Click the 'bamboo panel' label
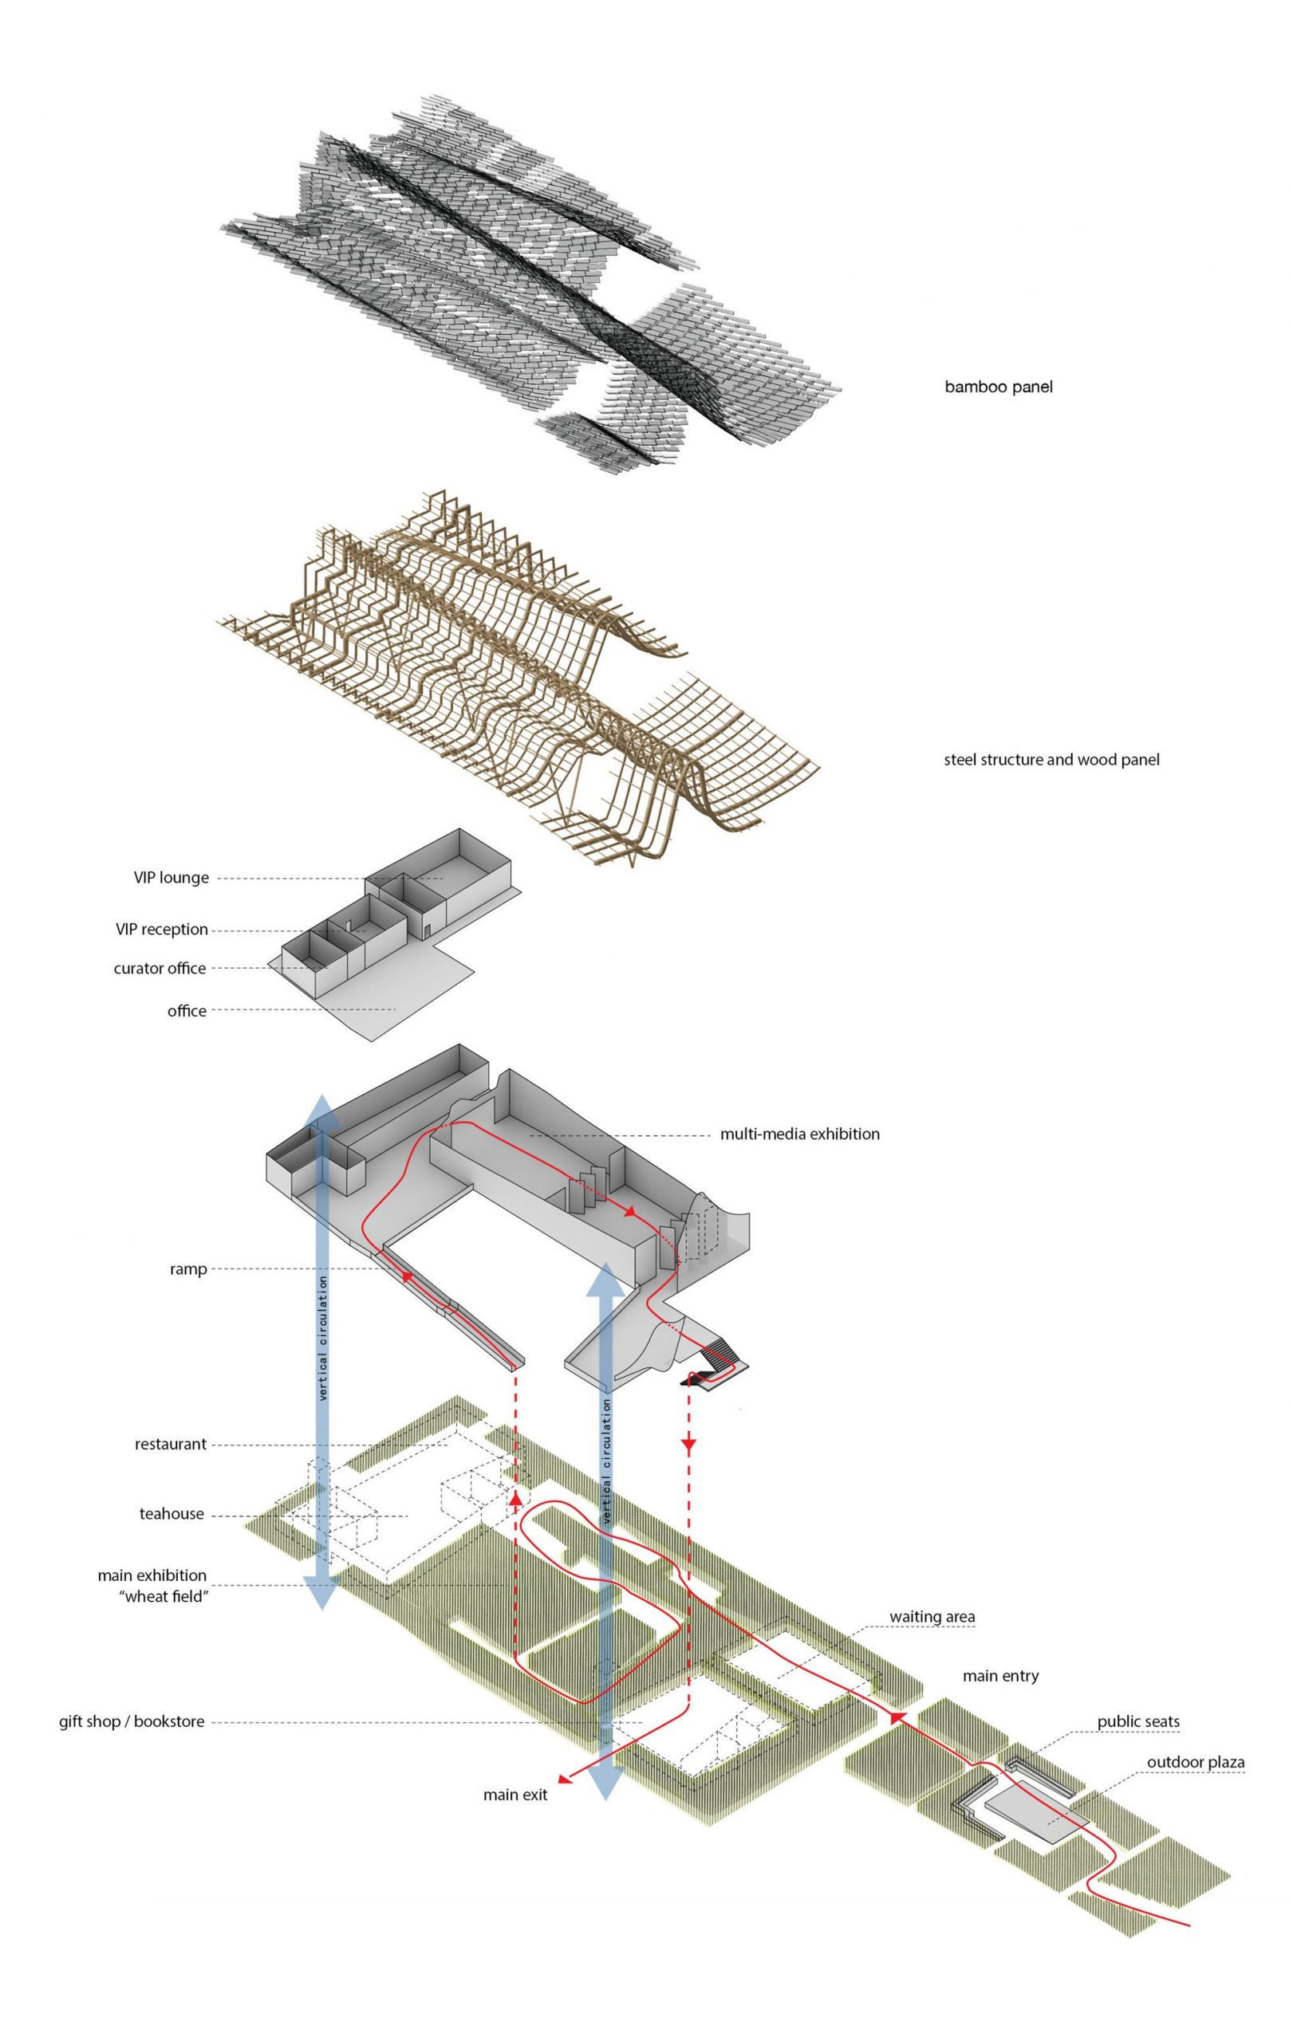[x=998, y=387]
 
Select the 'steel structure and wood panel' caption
[x=1051, y=760]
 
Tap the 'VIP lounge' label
[x=171, y=877]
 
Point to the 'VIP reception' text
[x=161, y=929]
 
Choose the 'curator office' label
[x=160, y=968]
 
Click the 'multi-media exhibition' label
[x=798, y=1133]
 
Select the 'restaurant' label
[x=170, y=1443]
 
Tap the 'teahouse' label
[x=171, y=1514]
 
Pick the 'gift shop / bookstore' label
[x=132, y=1721]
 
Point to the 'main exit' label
[x=514, y=1795]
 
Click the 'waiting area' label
[x=932, y=1616]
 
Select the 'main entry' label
[x=1000, y=1676]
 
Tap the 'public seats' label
[x=1137, y=1721]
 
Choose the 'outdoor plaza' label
[x=1196, y=1762]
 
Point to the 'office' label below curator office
[x=187, y=1010]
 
